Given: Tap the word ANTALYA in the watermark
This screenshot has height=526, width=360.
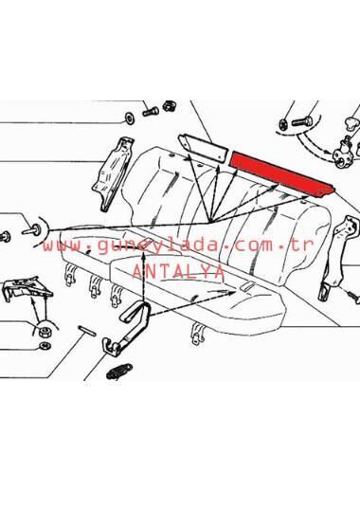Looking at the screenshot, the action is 178,271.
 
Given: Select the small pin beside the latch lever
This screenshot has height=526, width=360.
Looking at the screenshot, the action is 87,331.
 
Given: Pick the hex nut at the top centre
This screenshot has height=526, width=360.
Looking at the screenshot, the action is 170,106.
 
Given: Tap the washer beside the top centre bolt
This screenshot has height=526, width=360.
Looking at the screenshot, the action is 129,118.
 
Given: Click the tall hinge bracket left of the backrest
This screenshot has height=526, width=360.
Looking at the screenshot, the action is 113,173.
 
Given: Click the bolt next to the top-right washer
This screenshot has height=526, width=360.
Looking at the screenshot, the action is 302,121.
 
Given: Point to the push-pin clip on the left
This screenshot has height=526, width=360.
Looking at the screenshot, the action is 32,231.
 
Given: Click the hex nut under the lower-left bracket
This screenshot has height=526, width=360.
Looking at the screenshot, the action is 43,332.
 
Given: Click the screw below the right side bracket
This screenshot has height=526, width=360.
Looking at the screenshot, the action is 353,298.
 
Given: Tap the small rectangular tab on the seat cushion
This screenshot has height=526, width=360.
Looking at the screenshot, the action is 247,286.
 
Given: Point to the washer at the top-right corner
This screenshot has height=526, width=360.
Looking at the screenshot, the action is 283,124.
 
